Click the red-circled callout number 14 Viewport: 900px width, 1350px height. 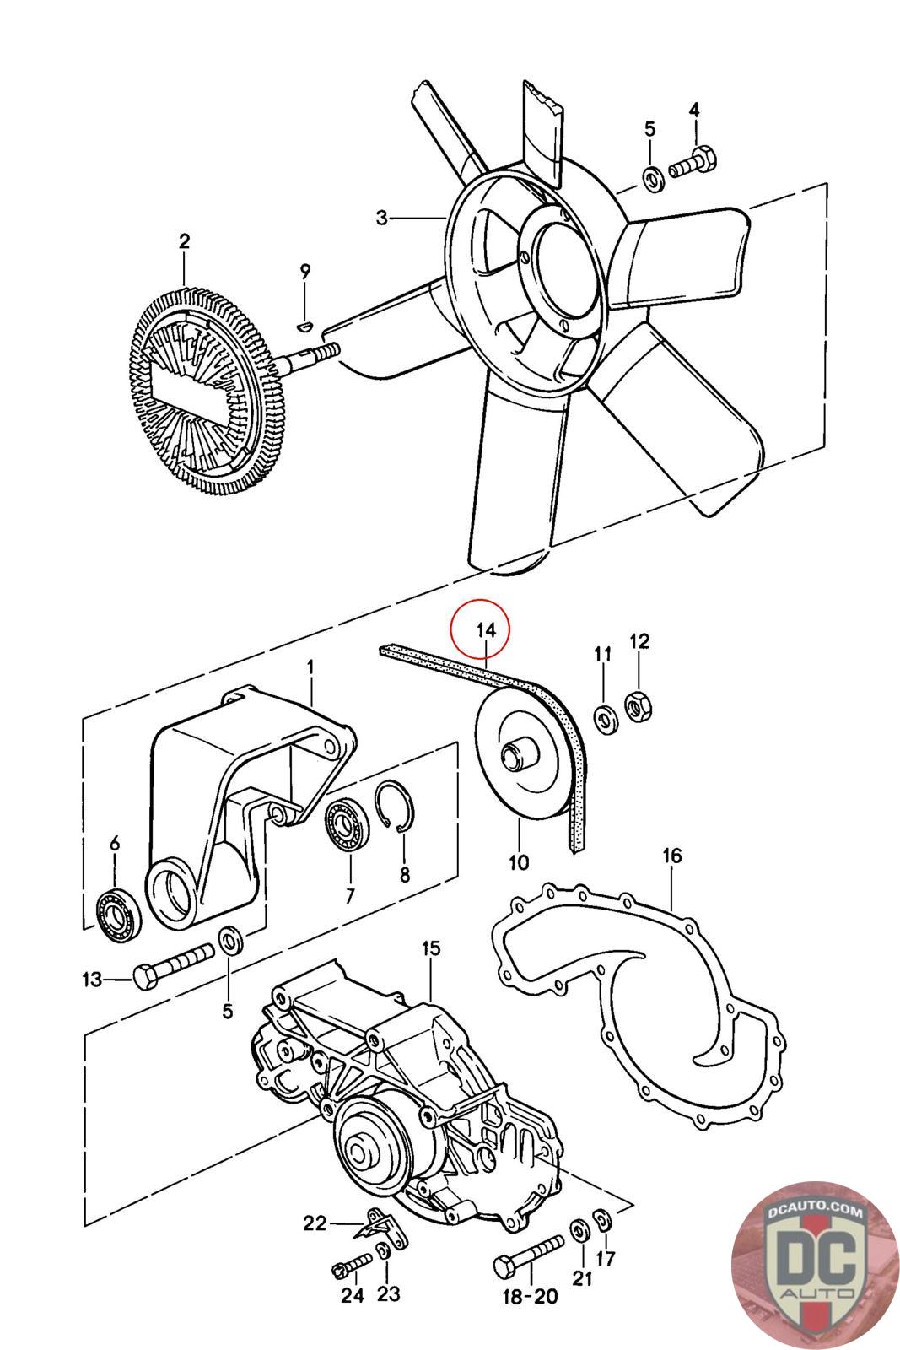pyautogui.click(x=486, y=630)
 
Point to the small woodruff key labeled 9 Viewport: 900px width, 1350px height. pyautogui.click(x=306, y=327)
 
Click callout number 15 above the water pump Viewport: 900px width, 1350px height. pyautogui.click(x=431, y=948)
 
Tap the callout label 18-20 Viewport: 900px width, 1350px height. pyautogui.click(x=530, y=1297)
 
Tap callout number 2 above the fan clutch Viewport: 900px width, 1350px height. pyautogui.click(x=185, y=241)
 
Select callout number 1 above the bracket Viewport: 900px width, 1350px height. pyautogui.click(x=311, y=667)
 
